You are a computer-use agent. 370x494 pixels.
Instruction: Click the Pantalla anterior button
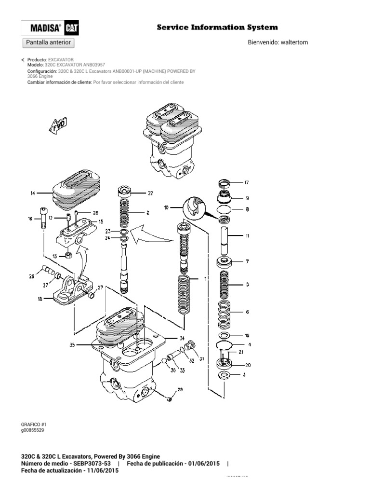coord(48,42)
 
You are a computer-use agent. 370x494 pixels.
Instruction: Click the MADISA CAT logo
coord(51,28)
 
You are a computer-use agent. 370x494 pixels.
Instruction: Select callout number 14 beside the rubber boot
coord(33,193)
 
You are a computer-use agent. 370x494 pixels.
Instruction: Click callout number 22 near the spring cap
coord(150,193)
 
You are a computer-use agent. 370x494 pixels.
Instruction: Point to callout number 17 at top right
coord(246,183)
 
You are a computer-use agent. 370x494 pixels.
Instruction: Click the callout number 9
coord(247,198)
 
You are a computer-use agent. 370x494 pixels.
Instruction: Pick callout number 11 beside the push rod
coord(247,236)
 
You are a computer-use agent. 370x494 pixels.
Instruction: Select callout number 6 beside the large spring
coord(247,312)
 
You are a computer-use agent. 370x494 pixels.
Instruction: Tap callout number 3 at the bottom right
coord(247,374)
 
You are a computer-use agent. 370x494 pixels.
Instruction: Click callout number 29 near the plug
coord(180,390)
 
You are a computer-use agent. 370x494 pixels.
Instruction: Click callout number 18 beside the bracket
coord(33,299)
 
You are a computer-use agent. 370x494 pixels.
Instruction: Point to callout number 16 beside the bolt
coord(30,219)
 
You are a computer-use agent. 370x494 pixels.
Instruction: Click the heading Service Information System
coord(217,27)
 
